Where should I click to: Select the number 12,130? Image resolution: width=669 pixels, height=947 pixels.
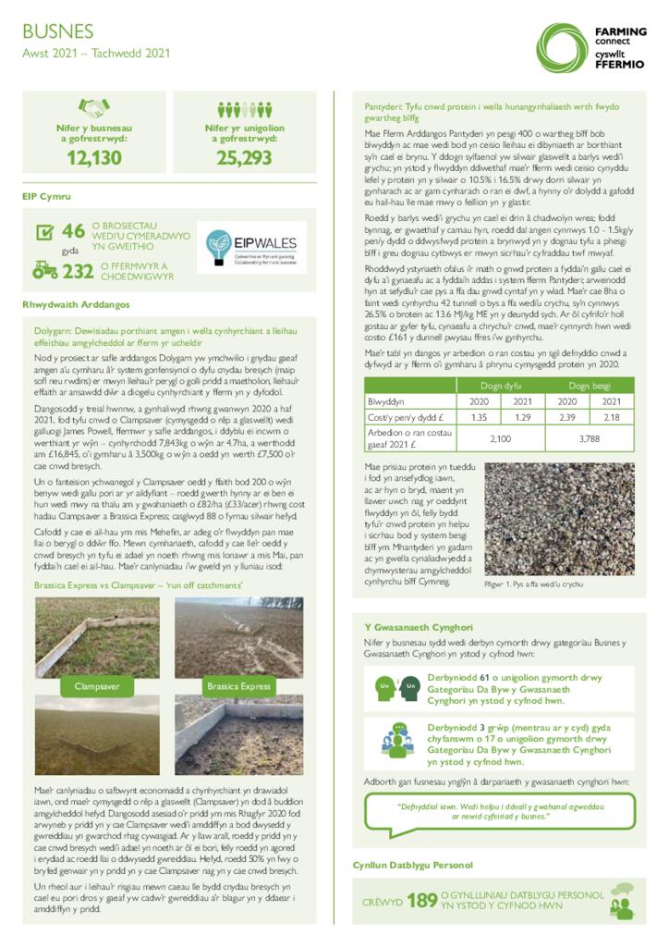pyautogui.click(x=93, y=158)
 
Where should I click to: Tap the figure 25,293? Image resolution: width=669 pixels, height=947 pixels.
pyautogui.click(x=244, y=158)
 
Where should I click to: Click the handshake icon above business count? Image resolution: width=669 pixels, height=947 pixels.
pyautogui.click(x=93, y=108)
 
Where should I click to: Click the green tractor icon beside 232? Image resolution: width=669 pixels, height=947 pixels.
pyautogui.click(x=44, y=270)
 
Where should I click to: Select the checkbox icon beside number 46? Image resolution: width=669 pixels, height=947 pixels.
pyautogui.click(x=44, y=232)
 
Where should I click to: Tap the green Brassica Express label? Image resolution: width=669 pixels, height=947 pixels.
pyautogui.click(x=238, y=686)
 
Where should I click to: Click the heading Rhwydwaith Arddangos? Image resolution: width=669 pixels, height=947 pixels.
pyautogui.click(x=77, y=304)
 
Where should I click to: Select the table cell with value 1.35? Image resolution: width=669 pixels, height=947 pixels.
pyautogui.click(x=480, y=418)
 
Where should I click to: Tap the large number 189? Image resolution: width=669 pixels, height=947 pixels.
pyautogui.click(x=421, y=900)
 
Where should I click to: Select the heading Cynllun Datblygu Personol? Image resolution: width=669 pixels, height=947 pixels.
pyautogui.click(x=413, y=865)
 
